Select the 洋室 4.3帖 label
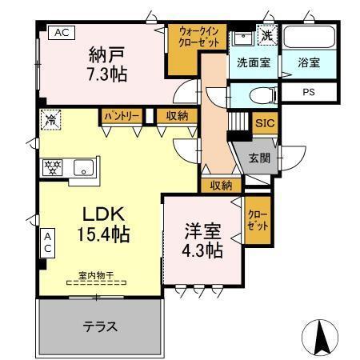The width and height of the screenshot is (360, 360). click(202, 238)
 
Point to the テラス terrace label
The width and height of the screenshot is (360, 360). click(101, 326)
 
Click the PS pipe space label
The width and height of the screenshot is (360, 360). click(308, 92)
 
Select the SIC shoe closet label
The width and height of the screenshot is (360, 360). click(264, 123)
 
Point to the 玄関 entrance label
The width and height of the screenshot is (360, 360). click(259, 157)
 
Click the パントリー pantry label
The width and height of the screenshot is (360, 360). click(121, 116)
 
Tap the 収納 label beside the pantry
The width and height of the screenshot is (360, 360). click(178, 116)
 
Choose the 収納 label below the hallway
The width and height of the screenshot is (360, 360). click(222, 185)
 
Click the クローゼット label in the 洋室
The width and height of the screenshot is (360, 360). click(257, 220)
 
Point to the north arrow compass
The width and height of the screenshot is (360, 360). click(320, 336)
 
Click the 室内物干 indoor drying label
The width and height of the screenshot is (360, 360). click(95, 276)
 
